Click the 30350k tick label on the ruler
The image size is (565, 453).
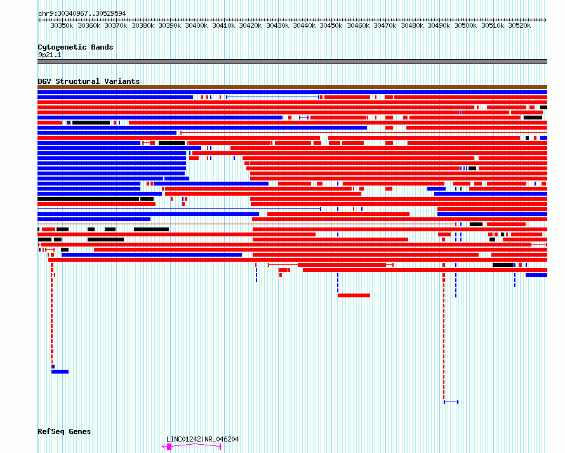[x=62, y=25]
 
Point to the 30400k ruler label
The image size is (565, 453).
[x=196, y=25]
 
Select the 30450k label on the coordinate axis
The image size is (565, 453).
[x=331, y=25]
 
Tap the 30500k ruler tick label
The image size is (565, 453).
[x=465, y=25]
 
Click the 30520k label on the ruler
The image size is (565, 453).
[x=519, y=25]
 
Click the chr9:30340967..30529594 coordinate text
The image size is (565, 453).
[x=82, y=14]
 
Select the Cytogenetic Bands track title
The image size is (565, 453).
[x=76, y=47]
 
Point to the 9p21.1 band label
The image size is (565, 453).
[x=50, y=55]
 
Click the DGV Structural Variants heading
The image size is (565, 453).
[x=89, y=81]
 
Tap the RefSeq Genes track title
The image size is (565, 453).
[x=64, y=432]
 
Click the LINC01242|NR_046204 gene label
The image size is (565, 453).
[x=203, y=439]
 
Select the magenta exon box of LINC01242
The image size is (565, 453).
[x=169, y=447]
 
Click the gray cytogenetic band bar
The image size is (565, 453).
[x=292, y=62]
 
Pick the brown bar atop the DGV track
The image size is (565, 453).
[x=292, y=87]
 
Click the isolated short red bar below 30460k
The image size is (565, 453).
[x=354, y=295]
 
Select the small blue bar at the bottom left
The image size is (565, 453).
[x=60, y=372]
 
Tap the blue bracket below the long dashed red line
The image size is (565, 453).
[x=451, y=402]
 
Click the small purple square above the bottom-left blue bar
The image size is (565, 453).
[x=53, y=367]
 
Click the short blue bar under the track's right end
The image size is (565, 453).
[x=536, y=275]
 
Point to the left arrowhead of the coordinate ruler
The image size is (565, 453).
[x=39, y=20]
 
